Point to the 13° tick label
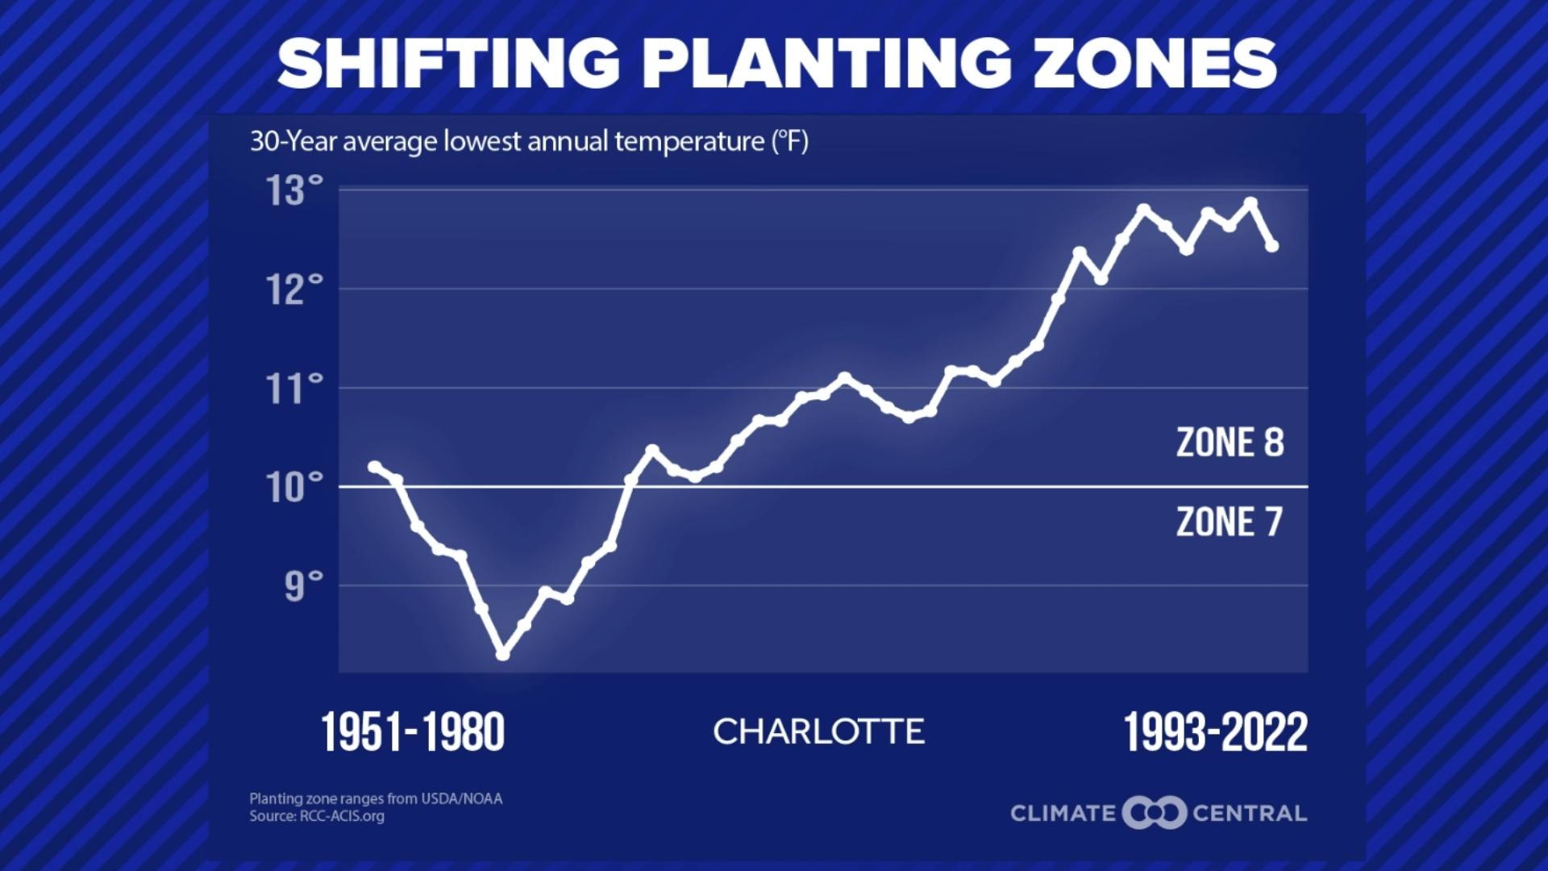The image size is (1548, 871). pyautogui.click(x=294, y=191)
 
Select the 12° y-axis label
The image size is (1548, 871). pyautogui.click(x=294, y=290)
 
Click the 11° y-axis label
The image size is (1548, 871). pyautogui.click(x=294, y=390)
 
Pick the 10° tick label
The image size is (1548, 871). pyautogui.click(x=294, y=488)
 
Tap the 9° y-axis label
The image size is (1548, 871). pyautogui.click(x=303, y=587)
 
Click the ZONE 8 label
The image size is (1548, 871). pyautogui.click(x=1230, y=443)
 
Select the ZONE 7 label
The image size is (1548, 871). pyautogui.click(x=1229, y=522)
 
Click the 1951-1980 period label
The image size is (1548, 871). pyautogui.click(x=413, y=732)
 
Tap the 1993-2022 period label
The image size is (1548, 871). pyautogui.click(x=1215, y=732)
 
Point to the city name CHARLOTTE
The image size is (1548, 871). pyautogui.click(x=818, y=731)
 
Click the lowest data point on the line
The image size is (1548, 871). pyautogui.click(x=502, y=654)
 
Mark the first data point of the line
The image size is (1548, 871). pyautogui.click(x=374, y=467)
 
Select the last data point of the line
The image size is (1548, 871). pyautogui.click(x=1272, y=246)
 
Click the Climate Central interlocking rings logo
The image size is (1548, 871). pyautogui.click(x=1154, y=813)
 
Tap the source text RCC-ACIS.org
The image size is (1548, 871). pyautogui.click(x=342, y=816)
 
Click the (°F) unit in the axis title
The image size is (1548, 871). pyautogui.click(x=789, y=142)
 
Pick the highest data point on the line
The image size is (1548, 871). pyautogui.click(x=1250, y=203)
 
